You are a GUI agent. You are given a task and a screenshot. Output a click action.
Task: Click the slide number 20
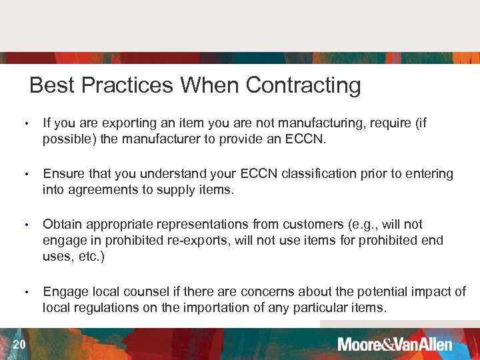(x=19, y=344)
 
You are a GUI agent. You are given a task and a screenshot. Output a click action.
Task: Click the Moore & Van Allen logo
(x=395, y=344)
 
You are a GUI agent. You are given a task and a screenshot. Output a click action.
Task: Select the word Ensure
(x=62, y=173)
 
